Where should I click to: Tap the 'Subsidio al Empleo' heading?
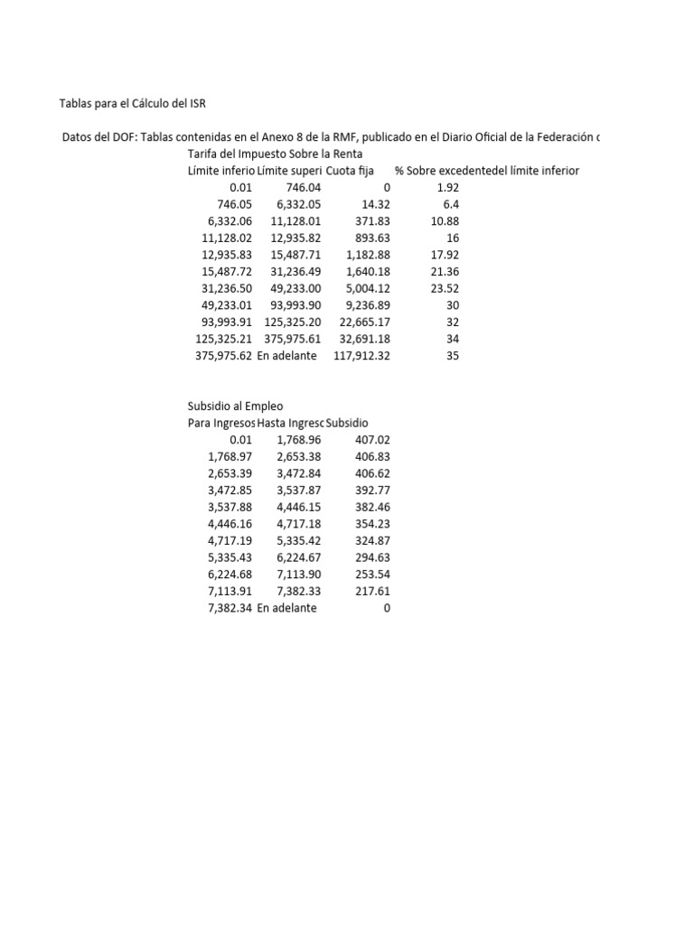tap(235, 406)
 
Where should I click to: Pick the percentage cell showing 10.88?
tap(445, 221)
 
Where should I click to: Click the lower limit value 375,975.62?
tap(220, 356)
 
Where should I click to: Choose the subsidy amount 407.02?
tap(372, 440)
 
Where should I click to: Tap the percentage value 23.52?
tap(445, 288)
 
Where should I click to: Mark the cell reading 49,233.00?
tap(295, 305)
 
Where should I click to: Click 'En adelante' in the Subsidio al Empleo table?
tap(286, 608)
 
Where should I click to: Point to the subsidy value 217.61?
tap(372, 592)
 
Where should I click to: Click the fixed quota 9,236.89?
tap(367, 305)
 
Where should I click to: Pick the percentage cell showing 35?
tap(453, 356)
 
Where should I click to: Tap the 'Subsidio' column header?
tap(347, 423)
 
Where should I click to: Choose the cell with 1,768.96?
tap(299, 440)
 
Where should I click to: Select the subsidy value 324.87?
tap(372, 541)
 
